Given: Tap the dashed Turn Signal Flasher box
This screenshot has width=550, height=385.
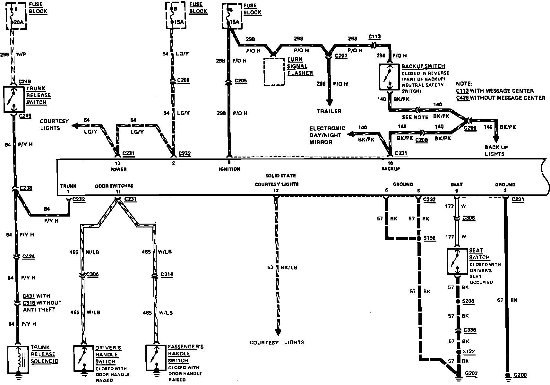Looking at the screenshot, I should (x=274, y=72).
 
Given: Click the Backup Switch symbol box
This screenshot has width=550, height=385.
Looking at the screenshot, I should (x=389, y=77).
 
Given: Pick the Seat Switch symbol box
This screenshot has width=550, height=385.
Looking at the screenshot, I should (x=457, y=261).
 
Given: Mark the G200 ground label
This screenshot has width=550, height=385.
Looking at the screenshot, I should (x=520, y=375).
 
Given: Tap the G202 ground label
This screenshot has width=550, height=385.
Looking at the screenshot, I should (x=471, y=374).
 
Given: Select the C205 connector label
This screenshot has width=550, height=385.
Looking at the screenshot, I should (x=241, y=81).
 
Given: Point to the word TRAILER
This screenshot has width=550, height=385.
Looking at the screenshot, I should (x=329, y=111).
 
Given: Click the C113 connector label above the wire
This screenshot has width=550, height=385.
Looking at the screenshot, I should (x=374, y=37).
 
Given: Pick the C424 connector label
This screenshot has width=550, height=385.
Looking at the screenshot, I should (x=29, y=257).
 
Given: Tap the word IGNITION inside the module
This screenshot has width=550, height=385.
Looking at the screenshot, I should (x=229, y=169).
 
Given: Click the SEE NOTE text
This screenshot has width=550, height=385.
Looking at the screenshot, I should (x=415, y=117).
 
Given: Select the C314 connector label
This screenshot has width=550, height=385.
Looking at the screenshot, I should (x=167, y=275).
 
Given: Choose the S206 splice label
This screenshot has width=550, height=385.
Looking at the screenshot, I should (x=468, y=301).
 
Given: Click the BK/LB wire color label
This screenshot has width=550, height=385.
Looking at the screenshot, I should (x=289, y=267).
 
